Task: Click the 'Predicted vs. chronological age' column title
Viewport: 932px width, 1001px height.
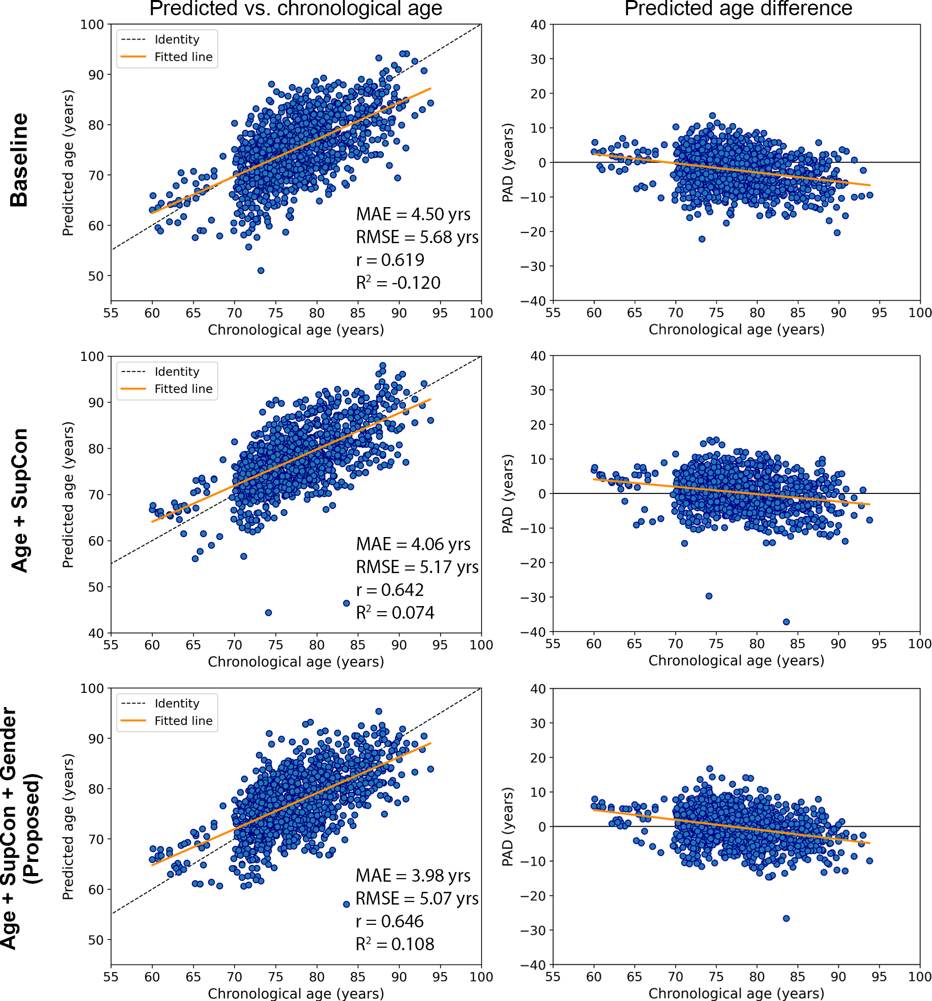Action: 295,9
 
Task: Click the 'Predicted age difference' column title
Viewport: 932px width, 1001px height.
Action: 738,9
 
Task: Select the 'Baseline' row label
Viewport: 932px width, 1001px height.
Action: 19,160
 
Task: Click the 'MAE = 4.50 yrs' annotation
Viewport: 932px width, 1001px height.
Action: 413,214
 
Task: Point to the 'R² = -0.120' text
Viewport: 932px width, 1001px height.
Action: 398,283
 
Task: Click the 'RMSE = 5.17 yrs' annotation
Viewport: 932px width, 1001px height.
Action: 417,567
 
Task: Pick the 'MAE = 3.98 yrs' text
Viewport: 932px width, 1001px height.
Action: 413,876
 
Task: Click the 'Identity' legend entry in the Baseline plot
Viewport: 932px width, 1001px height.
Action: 177,40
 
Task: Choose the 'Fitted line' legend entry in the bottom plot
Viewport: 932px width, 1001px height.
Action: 183,721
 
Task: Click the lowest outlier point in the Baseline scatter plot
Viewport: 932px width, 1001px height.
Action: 261,271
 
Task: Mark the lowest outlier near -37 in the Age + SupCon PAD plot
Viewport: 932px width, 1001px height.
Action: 786,622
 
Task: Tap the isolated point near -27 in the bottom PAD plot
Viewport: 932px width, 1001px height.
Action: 786,918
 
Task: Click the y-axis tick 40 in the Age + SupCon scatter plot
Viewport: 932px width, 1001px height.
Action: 96,633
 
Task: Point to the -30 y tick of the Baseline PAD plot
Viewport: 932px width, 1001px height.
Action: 533,266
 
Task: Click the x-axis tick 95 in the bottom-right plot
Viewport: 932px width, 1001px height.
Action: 879,977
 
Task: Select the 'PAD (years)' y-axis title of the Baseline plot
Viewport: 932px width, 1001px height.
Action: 508,162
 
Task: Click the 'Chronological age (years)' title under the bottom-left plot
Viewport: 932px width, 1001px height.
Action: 295,993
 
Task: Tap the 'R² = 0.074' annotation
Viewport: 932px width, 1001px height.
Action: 395,613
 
